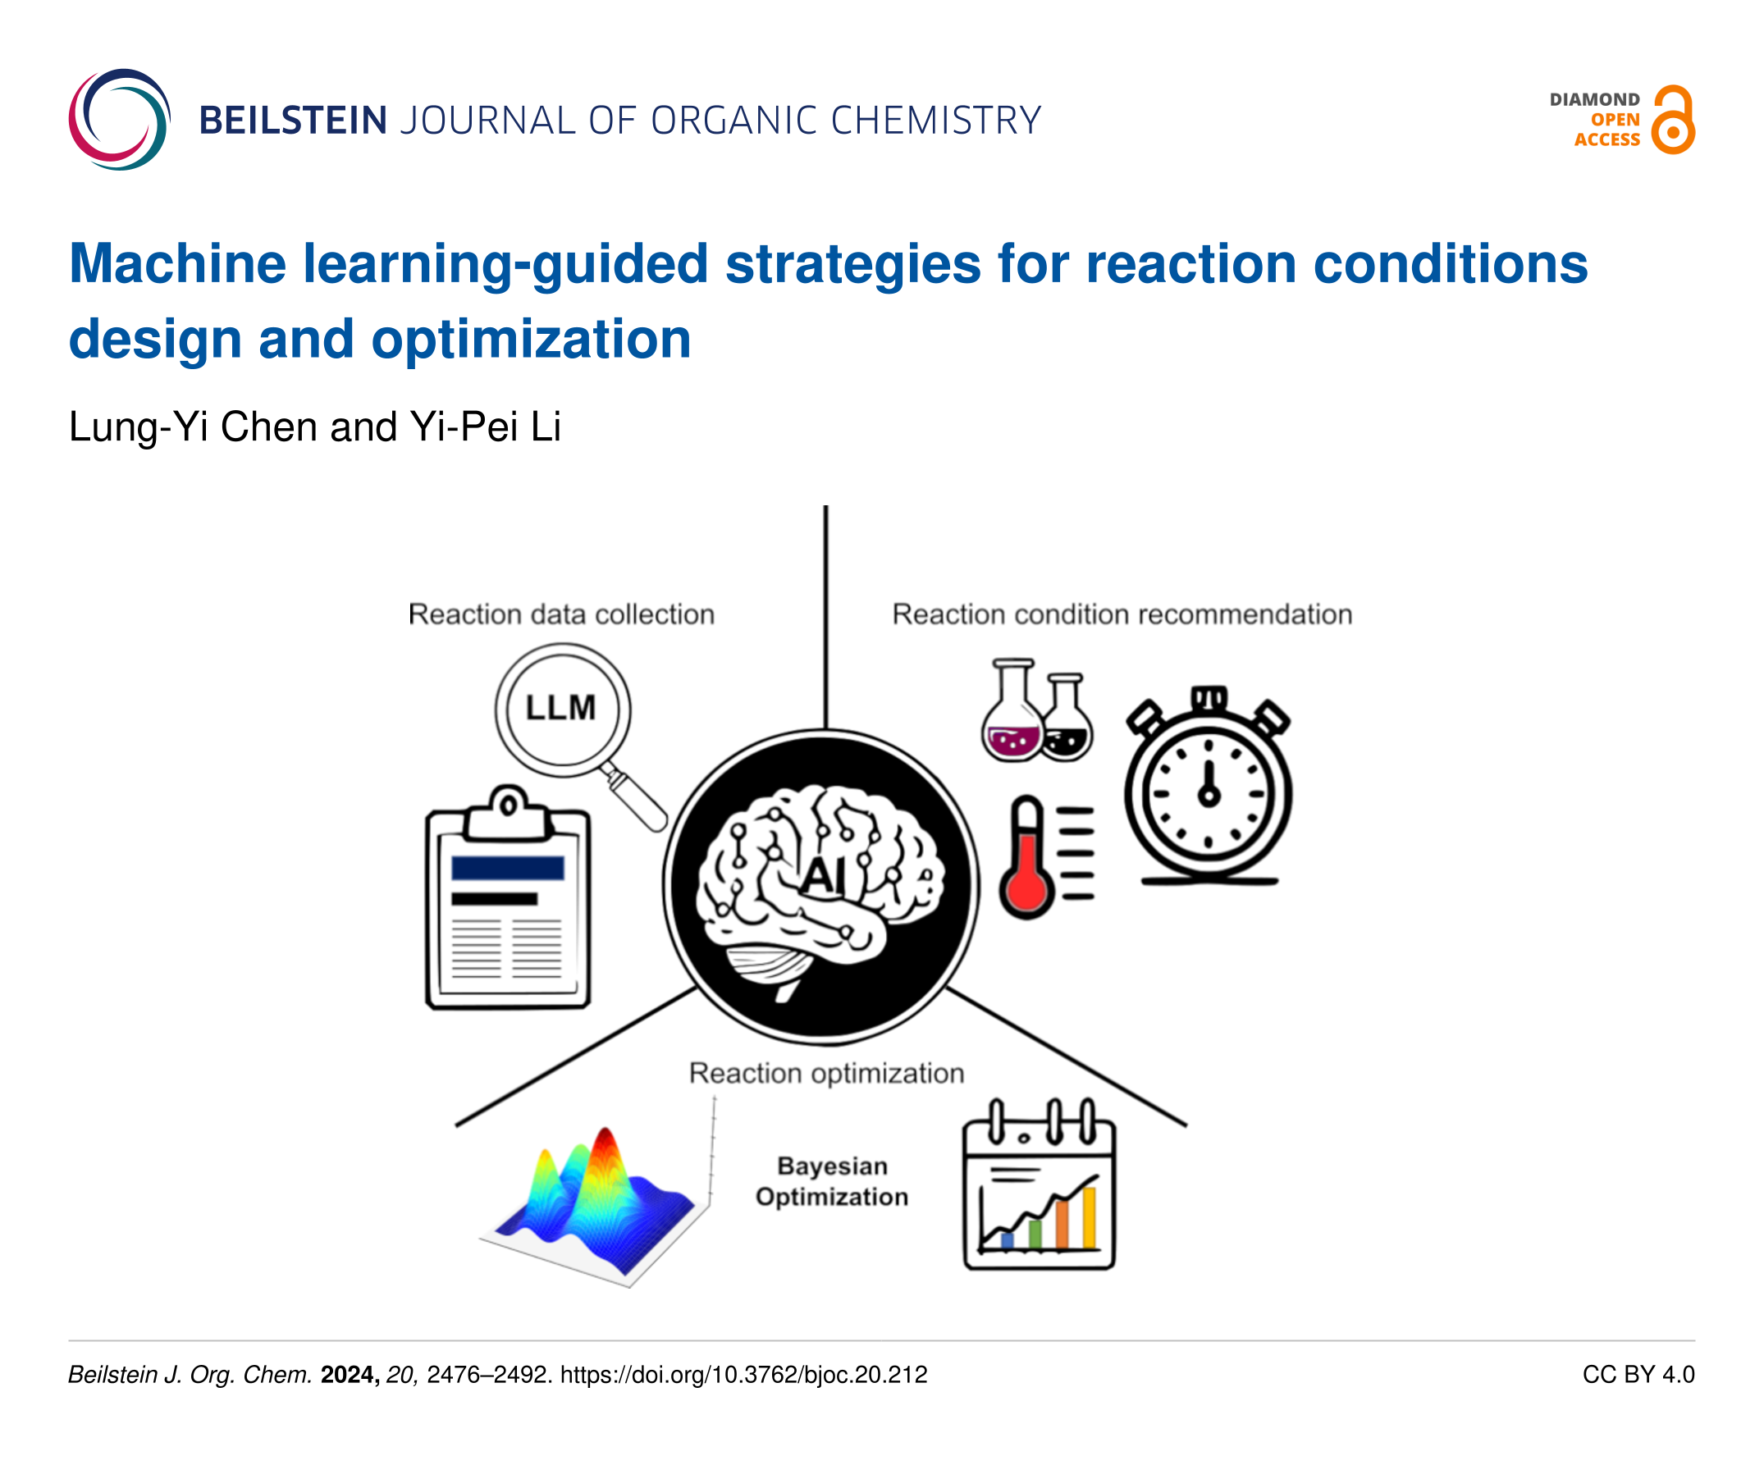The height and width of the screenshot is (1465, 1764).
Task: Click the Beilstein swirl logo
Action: point(119,119)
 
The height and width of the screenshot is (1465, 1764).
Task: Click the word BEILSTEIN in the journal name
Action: point(293,121)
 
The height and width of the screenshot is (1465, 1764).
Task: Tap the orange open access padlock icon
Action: point(1673,119)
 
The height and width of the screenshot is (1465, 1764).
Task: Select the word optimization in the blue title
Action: point(531,340)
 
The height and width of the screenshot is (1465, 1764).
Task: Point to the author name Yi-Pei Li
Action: point(486,427)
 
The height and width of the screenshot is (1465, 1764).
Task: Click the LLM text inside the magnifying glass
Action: point(560,707)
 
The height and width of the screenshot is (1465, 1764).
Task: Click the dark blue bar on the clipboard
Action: point(507,868)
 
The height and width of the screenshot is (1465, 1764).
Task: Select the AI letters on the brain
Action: point(822,876)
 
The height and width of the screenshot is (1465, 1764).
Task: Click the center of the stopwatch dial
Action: point(1209,794)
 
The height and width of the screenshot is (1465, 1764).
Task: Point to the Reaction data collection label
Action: point(561,614)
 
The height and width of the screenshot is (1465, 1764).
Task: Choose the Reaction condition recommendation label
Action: point(1122,614)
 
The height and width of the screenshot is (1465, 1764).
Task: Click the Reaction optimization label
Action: point(826,1074)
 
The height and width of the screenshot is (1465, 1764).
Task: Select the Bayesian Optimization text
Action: point(832,1181)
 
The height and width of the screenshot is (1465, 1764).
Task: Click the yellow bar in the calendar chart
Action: point(1089,1217)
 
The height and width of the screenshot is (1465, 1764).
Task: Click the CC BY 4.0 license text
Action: point(1638,1374)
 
